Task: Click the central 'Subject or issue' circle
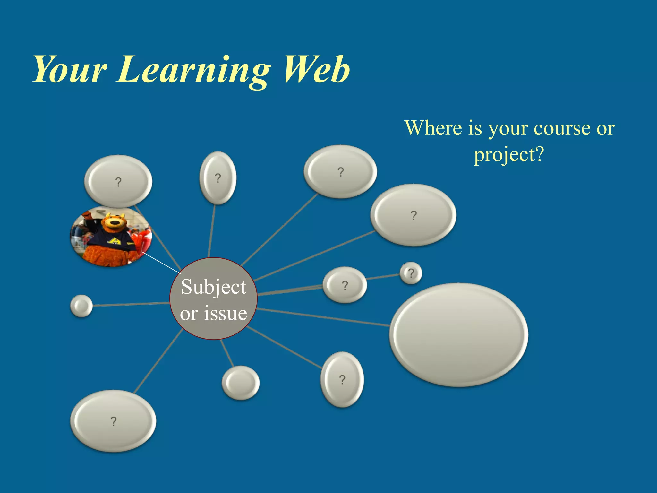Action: tap(213, 299)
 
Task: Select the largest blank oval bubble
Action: tap(459, 335)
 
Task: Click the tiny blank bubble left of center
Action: tap(81, 306)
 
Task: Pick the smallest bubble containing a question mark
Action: tap(411, 273)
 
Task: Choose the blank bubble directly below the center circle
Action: tap(241, 383)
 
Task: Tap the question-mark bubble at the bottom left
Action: tap(113, 421)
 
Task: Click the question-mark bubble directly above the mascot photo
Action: tap(118, 181)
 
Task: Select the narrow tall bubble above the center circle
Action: tap(218, 178)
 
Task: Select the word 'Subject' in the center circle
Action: tap(214, 287)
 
